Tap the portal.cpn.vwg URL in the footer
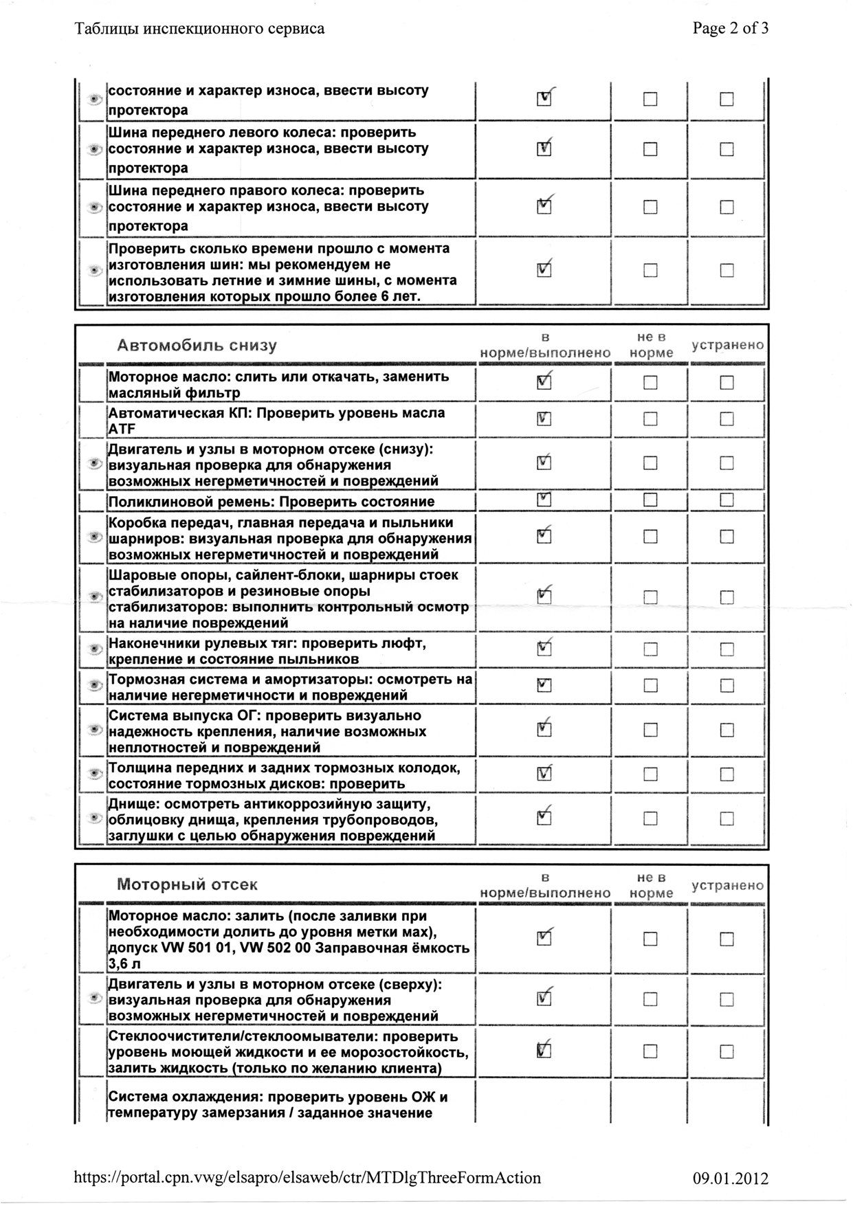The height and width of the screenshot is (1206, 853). [307, 1178]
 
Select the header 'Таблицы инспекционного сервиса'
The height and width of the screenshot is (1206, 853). [199, 29]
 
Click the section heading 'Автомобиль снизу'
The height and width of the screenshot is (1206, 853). [197, 345]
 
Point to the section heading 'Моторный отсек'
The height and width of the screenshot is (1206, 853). [187, 884]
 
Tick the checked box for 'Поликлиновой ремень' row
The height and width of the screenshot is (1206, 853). [544, 500]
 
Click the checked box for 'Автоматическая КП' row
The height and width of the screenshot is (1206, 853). [544, 419]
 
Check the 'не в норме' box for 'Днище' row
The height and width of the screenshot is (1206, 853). [650, 818]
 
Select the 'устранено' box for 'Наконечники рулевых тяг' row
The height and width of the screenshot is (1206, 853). [727, 649]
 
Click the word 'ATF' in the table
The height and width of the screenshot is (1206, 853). [122, 429]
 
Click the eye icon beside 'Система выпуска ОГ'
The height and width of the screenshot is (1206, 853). [95, 730]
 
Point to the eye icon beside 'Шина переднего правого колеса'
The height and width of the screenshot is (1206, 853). [95, 207]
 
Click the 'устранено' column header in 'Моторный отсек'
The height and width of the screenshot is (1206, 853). [727, 885]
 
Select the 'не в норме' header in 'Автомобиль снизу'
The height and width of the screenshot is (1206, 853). [650, 345]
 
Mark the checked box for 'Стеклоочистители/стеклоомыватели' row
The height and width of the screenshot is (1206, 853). [544, 1051]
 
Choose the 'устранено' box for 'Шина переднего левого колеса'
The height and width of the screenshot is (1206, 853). [727, 149]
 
